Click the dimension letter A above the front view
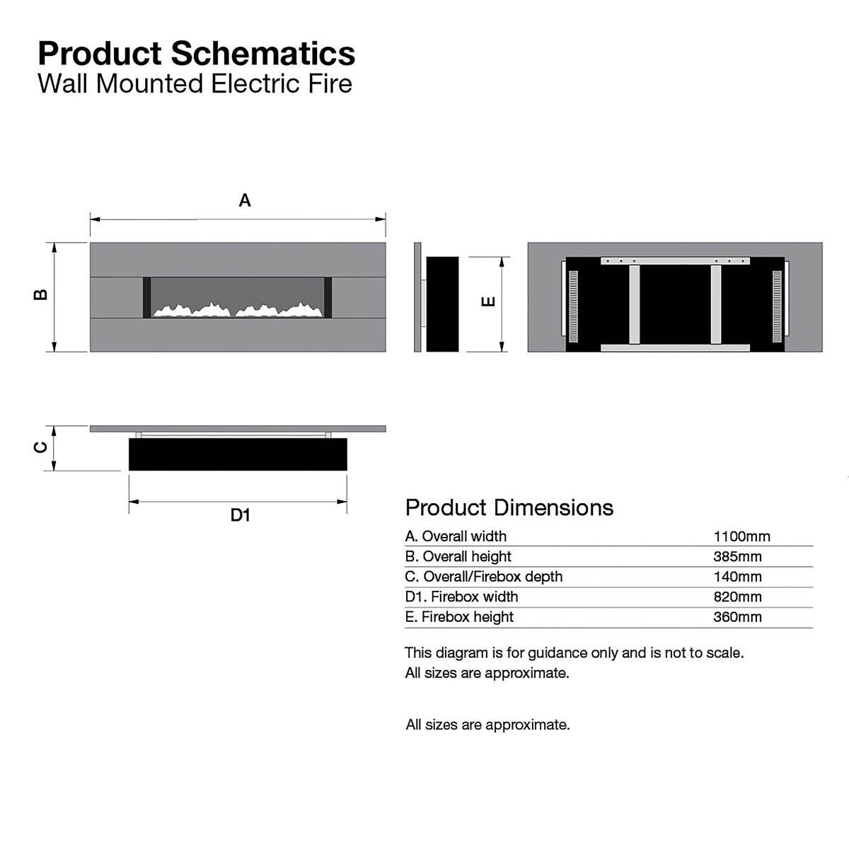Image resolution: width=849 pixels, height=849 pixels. [x=245, y=200]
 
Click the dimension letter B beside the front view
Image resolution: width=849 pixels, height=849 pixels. [x=41, y=295]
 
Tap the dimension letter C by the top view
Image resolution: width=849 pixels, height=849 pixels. [x=41, y=447]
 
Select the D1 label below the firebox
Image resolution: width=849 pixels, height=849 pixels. [x=241, y=515]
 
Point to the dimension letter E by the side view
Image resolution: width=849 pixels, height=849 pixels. [x=488, y=301]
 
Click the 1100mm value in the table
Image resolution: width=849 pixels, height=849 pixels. [x=741, y=536]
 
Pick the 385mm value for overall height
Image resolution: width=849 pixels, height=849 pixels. [x=737, y=557]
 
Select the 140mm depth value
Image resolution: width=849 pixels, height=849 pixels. [x=737, y=577]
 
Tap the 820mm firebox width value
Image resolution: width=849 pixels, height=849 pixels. [x=737, y=597]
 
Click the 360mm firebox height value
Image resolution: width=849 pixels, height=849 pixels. [x=737, y=617]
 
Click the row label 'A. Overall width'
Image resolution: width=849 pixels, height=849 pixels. [x=456, y=536]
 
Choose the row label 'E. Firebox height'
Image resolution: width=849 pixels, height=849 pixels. [x=459, y=617]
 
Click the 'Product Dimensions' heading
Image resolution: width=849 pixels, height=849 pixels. [x=509, y=508]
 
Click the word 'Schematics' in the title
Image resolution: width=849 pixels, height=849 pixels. [x=263, y=54]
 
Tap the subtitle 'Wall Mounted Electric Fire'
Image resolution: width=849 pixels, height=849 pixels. [x=195, y=83]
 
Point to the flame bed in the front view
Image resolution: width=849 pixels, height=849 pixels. [x=238, y=310]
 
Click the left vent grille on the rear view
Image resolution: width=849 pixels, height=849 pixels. [x=573, y=306]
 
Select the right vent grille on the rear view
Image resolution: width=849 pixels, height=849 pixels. [x=777, y=306]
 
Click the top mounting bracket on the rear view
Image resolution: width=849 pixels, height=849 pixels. [x=675, y=261]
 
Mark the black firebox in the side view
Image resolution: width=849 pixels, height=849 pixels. [x=442, y=304]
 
